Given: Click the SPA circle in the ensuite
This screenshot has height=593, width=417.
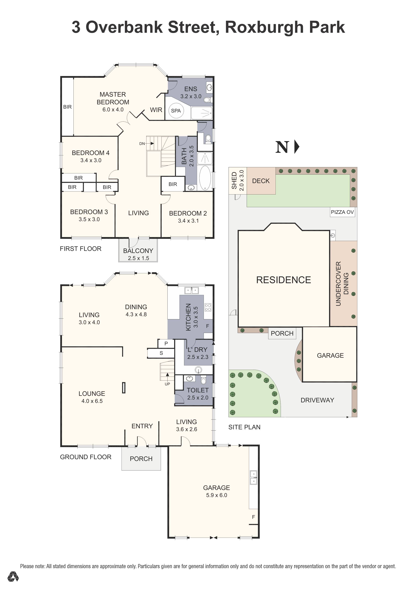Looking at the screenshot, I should click(x=176, y=111).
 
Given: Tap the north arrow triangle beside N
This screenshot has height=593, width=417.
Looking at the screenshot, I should click(x=297, y=147).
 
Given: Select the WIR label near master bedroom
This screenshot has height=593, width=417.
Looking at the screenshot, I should click(x=156, y=110).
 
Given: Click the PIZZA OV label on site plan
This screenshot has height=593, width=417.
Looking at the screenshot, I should click(x=342, y=212).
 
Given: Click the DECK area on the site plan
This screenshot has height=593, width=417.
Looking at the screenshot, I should click(x=261, y=181).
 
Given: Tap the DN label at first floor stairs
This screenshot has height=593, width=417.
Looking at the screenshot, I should click(x=142, y=144).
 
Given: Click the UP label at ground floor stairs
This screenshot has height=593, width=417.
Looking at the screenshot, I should click(x=167, y=384).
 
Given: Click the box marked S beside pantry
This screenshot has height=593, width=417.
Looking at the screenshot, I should click(x=161, y=353).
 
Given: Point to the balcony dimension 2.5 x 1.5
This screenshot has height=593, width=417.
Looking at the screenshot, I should click(x=138, y=258).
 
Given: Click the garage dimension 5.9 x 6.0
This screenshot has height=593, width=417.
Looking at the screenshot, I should click(x=216, y=495).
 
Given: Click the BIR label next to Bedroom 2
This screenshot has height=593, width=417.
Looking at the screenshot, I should click(x=173, y=184).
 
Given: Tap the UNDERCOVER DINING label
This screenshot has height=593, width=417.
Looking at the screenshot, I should click(x=342, y=284).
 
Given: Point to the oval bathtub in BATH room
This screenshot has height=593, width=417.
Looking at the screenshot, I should click(x=205, y=178).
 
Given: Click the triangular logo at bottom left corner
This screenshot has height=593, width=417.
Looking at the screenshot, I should click(x=13, y=577).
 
